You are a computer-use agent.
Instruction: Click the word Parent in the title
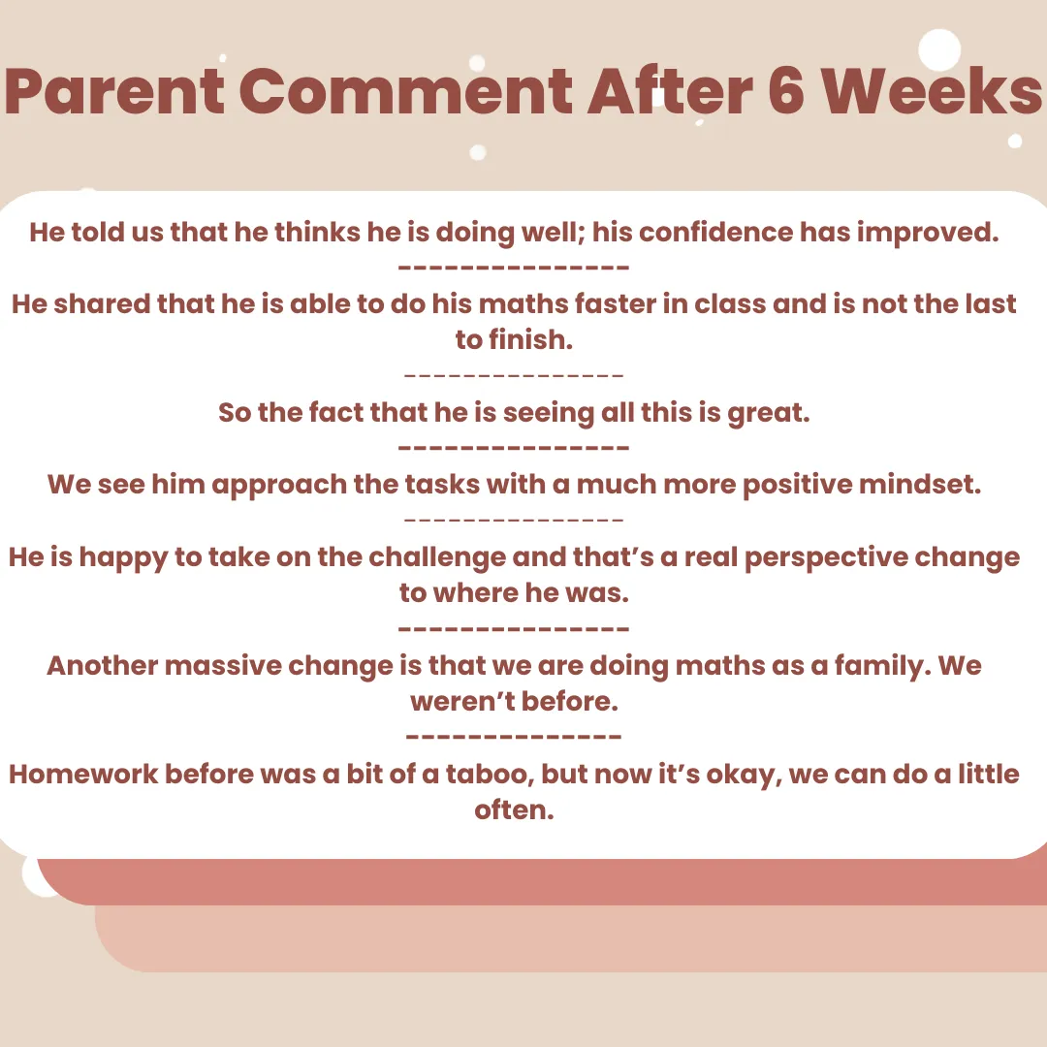pyautogui.click(x=114, y=92)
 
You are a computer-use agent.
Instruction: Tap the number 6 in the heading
pyautogui.click(x=786, y=91)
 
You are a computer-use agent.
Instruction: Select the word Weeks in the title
pyautogui.click(x=932, y=91)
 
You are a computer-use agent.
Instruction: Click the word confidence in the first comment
pyautogui.click(x=715, y=232)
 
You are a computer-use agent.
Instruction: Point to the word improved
pyautogui.click(x=928, y=233)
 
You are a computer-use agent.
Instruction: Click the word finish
pyautogui.click(x=531, y=339)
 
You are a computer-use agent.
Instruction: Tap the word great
pyautogui.click(x=769, y=413)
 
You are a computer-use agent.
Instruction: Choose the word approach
pyautogui.click(x=279, y=486)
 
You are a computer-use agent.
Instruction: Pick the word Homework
pyautogui.click(x=83, y=774)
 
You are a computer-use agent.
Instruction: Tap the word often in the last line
pyautogui.click(x=514, y=809)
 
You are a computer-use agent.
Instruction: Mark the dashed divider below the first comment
pyautogui.click(x=514, y=268)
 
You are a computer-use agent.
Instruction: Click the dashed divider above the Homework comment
pyautogui.click(x=514, y=737)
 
